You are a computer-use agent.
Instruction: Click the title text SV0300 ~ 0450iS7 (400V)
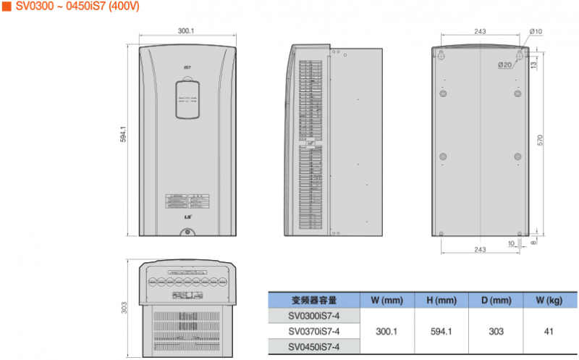(x=77, y=7)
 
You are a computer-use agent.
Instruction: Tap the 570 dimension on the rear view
(x=540, y=141)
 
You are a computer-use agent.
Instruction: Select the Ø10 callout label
(x=536, y=31)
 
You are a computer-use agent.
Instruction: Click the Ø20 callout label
(x=504, y=65)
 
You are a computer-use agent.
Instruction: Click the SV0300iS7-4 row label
(x=313, y=315)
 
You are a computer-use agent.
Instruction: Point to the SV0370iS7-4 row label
(x=313, y=331)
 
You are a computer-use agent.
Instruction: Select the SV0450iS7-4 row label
(x=313, y=347)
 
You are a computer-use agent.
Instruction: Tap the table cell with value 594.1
(x=441, y=331)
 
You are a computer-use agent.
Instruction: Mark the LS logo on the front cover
(x=187, y=215)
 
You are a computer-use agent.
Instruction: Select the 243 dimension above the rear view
(x=480, y=32)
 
